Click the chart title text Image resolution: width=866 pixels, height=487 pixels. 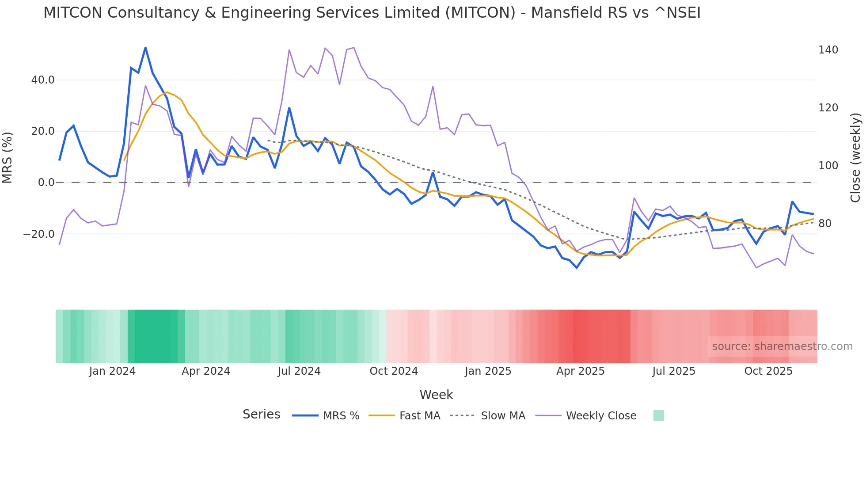coord(372,13)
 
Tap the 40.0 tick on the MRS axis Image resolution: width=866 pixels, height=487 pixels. coord(43,80)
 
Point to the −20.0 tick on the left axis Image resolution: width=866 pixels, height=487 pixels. coord(39,234)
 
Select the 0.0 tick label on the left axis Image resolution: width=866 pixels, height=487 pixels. coord(46,183)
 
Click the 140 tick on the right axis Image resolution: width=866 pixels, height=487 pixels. coord(828,50)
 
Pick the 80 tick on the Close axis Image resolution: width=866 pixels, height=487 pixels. coord(825,224)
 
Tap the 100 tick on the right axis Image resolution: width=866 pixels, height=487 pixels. coord(828,166)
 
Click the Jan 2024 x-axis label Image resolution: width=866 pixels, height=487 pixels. coord(112,371)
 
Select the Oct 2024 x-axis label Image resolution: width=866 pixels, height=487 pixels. coord(394,371)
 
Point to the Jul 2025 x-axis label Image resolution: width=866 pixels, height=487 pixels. coord(674,371)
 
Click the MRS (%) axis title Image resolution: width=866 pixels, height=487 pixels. coord(8,157)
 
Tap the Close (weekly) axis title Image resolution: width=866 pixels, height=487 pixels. coord(856,158)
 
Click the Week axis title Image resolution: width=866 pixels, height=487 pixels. coord(436,395)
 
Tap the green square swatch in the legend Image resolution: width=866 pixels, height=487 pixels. coord(658,415)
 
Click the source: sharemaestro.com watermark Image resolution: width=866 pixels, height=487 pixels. coord(782,346)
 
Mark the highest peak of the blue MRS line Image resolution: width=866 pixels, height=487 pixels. coord(145,48)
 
